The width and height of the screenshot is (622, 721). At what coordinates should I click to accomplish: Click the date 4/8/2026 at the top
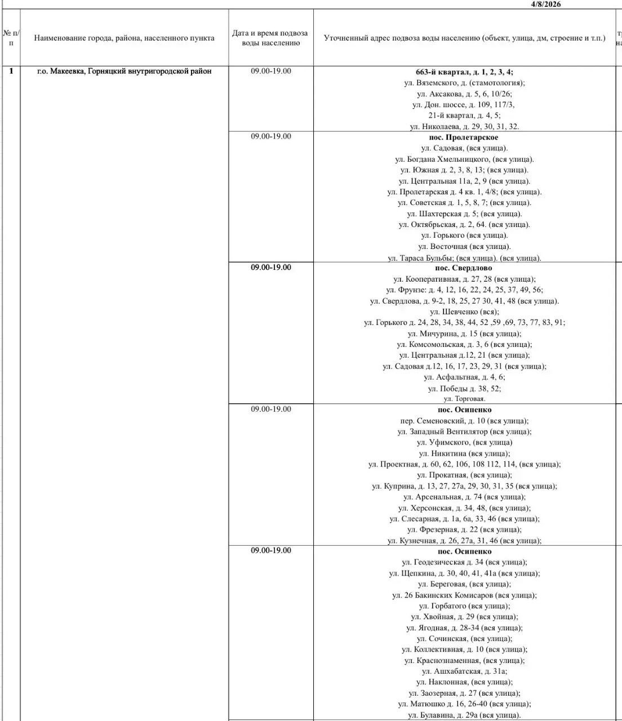[546, 4]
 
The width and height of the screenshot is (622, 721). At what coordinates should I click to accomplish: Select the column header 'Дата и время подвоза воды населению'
[270, 38]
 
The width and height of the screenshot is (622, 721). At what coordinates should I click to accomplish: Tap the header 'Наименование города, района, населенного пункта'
[124, 38]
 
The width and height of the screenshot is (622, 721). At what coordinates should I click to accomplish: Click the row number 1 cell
[11, 71]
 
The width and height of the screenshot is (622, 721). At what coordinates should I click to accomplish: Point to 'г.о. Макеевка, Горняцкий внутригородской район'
[124, 71]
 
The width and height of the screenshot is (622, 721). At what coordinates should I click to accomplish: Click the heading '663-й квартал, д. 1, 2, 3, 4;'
[464, 72]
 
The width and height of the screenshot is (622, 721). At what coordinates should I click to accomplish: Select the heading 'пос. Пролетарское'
[464, 137]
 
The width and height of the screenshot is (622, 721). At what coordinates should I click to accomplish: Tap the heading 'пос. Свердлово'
[464, 268]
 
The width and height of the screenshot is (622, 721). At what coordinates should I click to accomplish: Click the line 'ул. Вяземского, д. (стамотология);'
[464, 83]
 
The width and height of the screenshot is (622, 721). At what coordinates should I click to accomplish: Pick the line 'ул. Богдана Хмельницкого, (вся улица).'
[464, 159]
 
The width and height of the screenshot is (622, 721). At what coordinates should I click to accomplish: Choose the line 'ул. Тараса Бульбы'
[464, 258]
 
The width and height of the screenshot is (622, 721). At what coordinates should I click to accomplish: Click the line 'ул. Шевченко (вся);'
[464, 311]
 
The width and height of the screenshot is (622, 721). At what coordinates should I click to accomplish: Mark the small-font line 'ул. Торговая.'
[464, 399]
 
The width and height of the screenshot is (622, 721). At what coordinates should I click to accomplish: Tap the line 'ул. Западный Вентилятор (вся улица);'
[464, 431]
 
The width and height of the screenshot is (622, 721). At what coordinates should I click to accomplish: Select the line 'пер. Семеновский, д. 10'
[464, 421]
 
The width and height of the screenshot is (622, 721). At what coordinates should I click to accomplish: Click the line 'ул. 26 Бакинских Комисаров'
[464, 595]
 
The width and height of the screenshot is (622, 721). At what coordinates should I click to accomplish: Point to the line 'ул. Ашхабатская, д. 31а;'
[464, 671]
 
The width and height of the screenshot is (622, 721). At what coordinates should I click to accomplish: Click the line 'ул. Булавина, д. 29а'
[464, 715]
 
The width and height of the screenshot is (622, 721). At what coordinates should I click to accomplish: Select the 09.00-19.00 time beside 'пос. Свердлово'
[270, 267]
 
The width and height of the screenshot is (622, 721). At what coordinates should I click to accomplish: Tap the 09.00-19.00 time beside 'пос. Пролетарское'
[270, 136]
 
